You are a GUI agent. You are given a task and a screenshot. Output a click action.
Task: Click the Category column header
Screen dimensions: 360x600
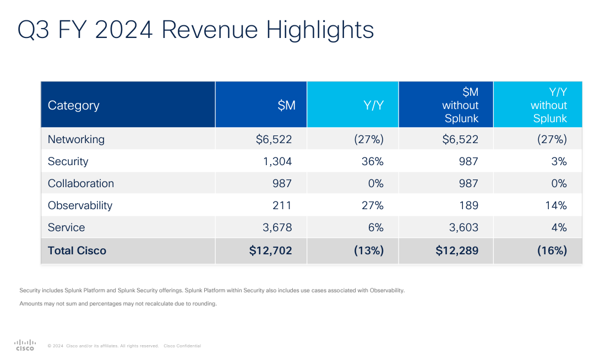tap(74, 105)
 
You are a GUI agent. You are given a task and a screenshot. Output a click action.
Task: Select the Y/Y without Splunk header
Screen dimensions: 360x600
tap(548, 105)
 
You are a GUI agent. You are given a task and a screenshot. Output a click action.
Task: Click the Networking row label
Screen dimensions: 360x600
tap(76, 139)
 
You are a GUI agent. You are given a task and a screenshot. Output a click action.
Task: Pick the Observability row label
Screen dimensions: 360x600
tap(80, 205)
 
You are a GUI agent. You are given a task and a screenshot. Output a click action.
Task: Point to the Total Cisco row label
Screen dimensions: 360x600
tap(77, 250)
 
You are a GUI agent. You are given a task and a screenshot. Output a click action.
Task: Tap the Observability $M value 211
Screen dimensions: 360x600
tap(282, 205)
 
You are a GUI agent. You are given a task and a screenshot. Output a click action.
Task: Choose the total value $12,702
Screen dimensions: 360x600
tap(270, 250)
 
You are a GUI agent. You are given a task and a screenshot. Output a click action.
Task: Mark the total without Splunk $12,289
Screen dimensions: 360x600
tap(457, 250)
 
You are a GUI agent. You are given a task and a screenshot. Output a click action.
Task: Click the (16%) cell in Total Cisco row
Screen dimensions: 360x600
tap(552, 250)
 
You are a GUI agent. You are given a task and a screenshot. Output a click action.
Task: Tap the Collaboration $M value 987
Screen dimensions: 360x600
tap(282, 183)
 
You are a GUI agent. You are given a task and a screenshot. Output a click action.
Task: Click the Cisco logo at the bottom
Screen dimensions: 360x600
tap(25, 345)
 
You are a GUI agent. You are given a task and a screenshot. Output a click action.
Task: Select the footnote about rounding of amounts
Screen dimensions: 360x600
tap(118, 303)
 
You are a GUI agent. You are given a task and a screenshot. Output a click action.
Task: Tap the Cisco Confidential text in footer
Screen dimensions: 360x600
tap(182, 346)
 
